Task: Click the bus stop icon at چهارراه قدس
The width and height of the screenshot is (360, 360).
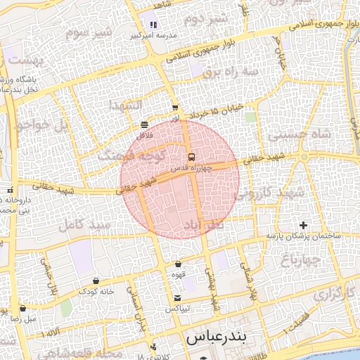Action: point(191,156)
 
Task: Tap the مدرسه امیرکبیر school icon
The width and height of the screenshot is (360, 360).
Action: point(151,25)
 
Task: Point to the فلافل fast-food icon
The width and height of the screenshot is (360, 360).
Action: point(144,124)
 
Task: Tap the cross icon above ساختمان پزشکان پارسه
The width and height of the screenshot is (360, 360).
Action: point(303,225)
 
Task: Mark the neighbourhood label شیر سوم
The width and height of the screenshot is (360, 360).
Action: point(89,32)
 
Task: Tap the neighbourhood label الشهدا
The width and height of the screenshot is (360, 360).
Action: point(125,104)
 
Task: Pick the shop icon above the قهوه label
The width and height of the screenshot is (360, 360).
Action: point(178,264)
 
